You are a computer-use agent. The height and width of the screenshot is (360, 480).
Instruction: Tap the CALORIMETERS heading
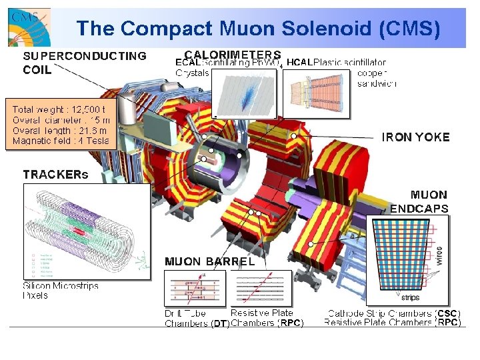click(x=232, y=55)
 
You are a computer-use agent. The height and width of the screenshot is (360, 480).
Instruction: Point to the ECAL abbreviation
click(x=189, y=63)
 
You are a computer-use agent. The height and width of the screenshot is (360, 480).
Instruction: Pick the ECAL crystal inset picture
click(x=245, y=93)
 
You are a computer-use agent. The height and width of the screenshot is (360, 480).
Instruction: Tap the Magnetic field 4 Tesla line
click(x=59, y=141)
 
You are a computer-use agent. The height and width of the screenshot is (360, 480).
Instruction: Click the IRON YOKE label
click(x=416, y=137)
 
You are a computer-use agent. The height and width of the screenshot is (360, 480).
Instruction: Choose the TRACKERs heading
click(x=55, y=175)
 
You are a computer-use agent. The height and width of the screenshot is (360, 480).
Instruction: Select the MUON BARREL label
click(x=209, y=261)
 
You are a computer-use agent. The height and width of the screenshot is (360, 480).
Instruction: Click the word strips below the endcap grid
click(x=410, y=297)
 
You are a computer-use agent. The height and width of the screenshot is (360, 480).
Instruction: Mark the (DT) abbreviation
click(x=219, y=325)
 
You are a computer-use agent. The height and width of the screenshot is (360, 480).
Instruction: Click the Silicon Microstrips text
click(x=61, y=286)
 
